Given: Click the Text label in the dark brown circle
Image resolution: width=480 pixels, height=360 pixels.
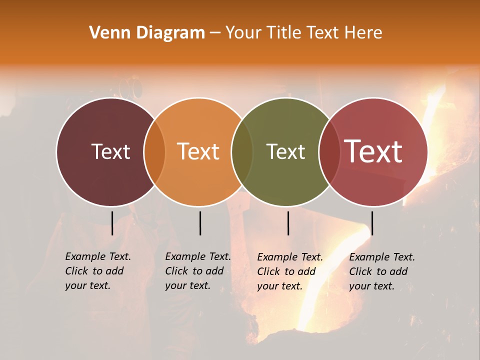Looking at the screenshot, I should coord(110,151).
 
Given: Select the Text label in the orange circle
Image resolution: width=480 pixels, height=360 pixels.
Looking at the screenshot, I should coord(198,151).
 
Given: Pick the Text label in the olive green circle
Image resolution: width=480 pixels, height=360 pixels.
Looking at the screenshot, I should coord(285,151).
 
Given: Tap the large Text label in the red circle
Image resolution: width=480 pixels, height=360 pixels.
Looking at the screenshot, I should coord(373,151).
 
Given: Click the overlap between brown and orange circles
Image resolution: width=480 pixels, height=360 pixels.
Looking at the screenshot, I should coord(154,152).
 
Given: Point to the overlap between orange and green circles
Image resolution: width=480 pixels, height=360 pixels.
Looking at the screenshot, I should coord(242,152).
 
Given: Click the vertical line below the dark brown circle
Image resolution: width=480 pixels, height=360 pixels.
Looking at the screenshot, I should coord(112,223).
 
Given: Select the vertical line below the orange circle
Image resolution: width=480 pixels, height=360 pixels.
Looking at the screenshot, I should coord(200,223).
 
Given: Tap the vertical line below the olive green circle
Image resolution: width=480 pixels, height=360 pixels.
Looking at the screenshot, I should coord(288,223).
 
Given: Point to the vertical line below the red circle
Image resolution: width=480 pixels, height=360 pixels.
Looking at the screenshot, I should coord(372,223).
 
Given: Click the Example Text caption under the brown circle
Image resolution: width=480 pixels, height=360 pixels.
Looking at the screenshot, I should coord(98,271).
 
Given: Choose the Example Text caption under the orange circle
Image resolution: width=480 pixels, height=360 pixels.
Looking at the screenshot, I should coord(198,271).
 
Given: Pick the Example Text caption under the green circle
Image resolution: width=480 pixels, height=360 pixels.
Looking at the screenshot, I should coord(290,271).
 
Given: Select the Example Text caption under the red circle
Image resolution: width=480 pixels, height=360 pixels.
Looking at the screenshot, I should coord(382,271).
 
